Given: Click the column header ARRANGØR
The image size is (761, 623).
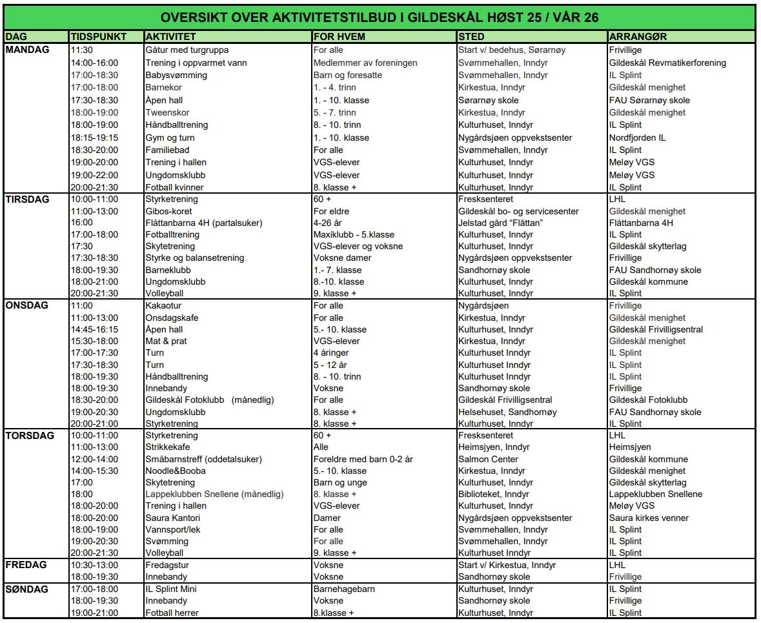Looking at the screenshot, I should (638, 37).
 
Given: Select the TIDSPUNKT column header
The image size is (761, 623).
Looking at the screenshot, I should (99, 37).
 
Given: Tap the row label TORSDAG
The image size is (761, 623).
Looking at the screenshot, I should (28, 436).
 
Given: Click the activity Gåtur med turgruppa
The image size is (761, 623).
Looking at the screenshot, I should (187, 50).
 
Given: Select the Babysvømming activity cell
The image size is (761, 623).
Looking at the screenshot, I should (176, 75).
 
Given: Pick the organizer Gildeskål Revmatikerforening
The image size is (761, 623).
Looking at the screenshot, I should (667, 63).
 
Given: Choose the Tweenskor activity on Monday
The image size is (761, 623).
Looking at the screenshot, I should (168, 112).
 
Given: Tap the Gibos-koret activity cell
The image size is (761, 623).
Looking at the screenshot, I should (168, 211).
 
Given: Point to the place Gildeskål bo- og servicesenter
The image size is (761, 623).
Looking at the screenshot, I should (518, 211).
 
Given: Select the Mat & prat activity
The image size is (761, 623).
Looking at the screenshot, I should (166, 341).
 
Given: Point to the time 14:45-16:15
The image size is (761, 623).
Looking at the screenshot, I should (94, 329).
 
